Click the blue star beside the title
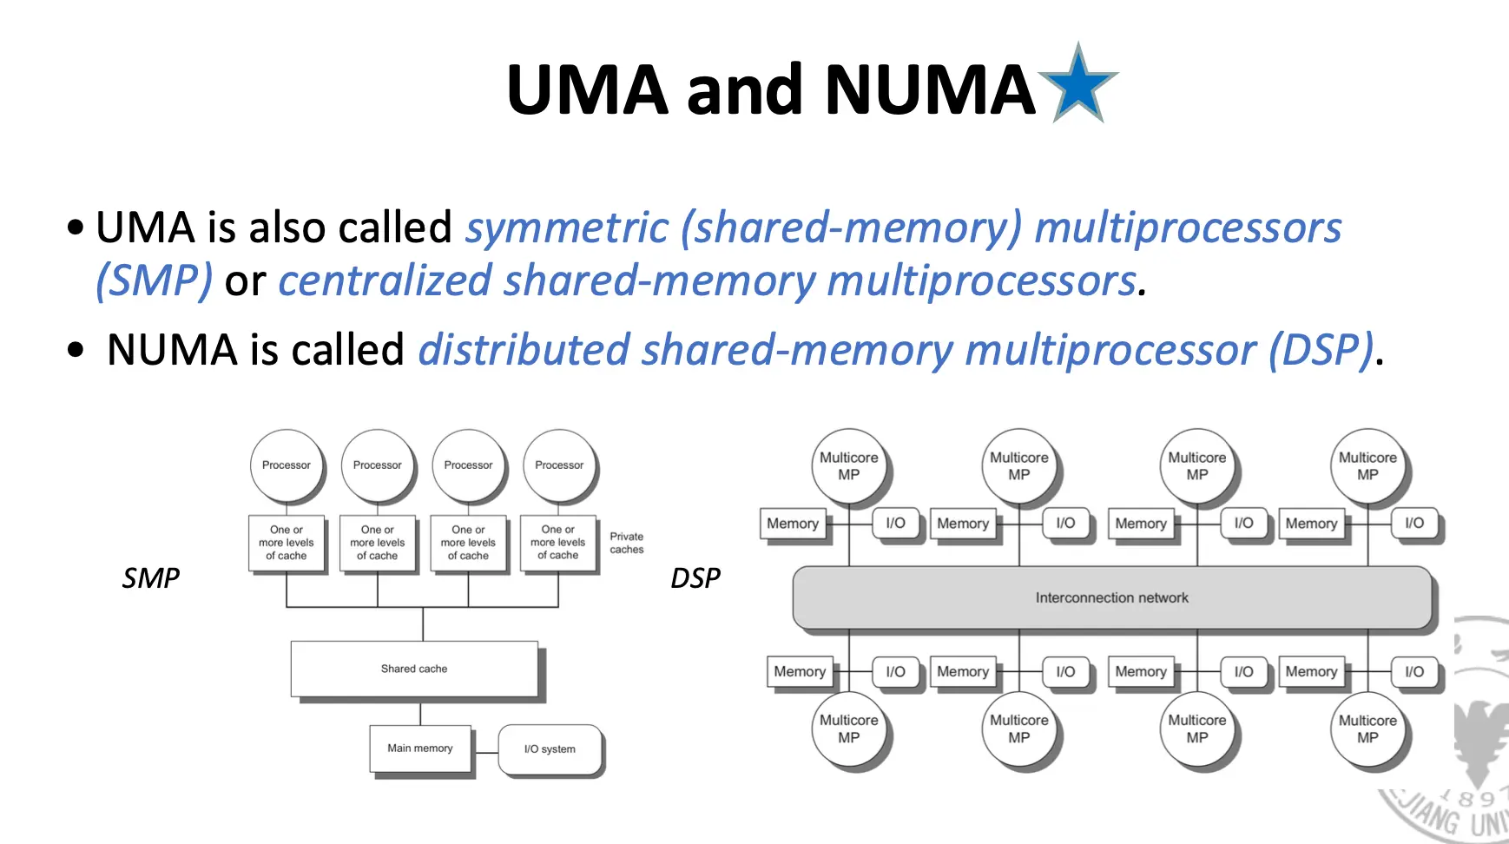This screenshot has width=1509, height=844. tap(1078, 85)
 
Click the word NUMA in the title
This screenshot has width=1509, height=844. tap(930, 89)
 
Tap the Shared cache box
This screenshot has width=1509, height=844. tap(414, 669)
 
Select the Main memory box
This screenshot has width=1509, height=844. tap(420, 748)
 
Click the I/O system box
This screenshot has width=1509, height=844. tap(550, 749)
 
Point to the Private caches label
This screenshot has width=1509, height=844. tap(627, 543)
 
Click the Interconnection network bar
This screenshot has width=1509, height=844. tap(1111, 597)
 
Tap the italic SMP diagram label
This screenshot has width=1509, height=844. tap(151, 577)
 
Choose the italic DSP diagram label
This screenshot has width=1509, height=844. tap(695, 577)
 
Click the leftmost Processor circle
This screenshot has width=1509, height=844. tap(287, 465)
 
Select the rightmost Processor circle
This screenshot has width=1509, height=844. tap(559, 465)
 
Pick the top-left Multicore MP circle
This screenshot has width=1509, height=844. tap(848, 466)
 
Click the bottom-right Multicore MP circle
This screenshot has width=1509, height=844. tap(1367, 729)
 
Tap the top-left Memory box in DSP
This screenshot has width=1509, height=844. tap(793, 524)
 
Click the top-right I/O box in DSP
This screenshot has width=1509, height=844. tap(1414, 523)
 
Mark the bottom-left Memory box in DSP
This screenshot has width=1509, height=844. tap(800, 671)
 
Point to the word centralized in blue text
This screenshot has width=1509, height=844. tap(385, 281)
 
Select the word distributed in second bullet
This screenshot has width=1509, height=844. tap(524, 350)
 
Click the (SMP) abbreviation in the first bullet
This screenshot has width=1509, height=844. tap(154, 281)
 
